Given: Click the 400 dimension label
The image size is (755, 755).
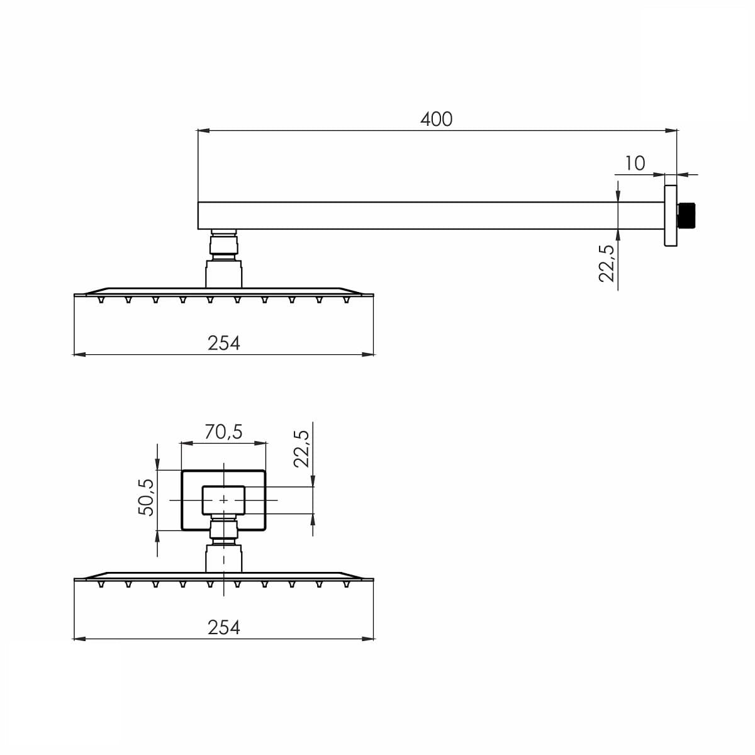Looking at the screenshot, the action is pyautogui.click(x=436, y=119).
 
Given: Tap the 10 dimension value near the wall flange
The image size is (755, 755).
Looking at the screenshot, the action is pyautogui.click(x=635, y=164).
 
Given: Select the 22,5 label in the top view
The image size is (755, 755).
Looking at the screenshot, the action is pyautogui.click(x=607, y=263).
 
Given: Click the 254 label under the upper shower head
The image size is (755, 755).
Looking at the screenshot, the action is pyautogui.click(x=224, y=344).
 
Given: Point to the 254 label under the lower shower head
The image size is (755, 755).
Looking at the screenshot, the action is pyautogui.click(x=224, y=627).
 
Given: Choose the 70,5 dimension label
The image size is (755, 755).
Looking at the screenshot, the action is pyautogui.click(x=224, y=432).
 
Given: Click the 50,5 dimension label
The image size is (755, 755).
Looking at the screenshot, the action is pyautogui.click(x=147, y=497).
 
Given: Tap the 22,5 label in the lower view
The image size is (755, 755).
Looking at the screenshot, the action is pyautogui.click(x=301, y=449).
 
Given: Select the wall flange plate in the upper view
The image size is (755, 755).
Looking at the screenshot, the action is pyautogui.click(x=671, y=216).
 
